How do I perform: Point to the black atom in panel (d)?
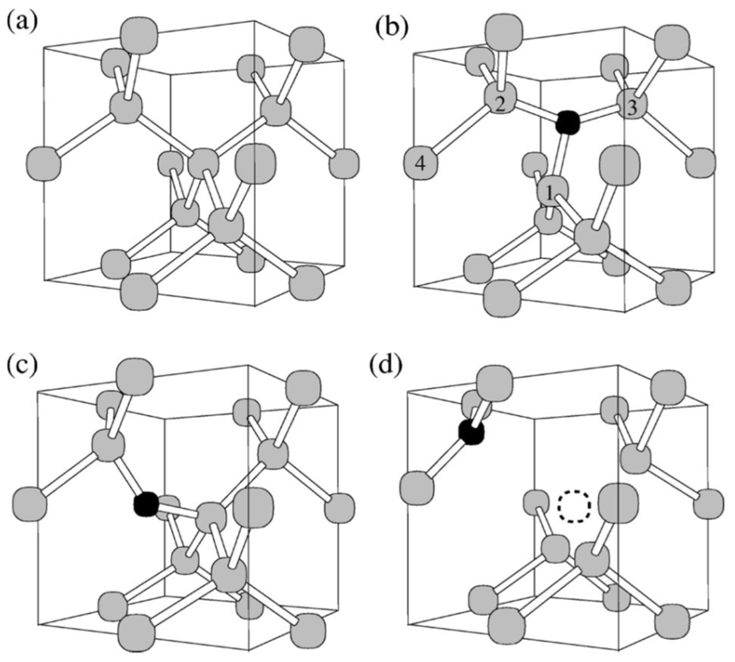(471, 432)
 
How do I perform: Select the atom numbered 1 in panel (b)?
(552, 192)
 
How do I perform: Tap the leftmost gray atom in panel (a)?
(43, 163)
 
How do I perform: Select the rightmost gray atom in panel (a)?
(344, 163)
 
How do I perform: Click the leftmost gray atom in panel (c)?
(30, 504)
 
